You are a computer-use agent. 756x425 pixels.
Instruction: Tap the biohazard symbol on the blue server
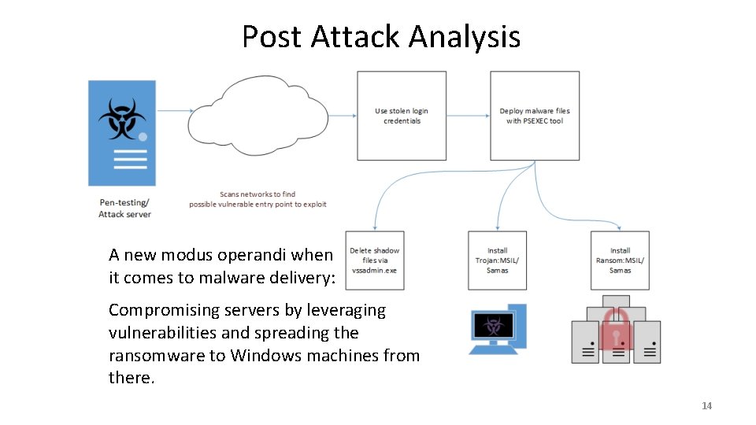121,118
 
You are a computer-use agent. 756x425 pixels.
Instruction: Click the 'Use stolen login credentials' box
402,116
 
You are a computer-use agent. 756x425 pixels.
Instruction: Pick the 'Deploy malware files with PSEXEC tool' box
535,116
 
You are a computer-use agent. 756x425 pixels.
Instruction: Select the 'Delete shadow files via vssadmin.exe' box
374,261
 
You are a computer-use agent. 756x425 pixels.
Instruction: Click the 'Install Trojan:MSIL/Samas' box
497,261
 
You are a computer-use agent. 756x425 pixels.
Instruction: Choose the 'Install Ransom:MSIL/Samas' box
620,261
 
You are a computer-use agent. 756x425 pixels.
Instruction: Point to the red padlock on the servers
616,329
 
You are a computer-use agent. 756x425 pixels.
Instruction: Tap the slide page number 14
706,406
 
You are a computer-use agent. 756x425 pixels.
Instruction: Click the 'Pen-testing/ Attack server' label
124,208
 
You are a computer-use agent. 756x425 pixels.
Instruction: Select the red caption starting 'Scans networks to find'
258,199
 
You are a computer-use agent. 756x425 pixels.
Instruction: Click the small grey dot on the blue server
143,137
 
